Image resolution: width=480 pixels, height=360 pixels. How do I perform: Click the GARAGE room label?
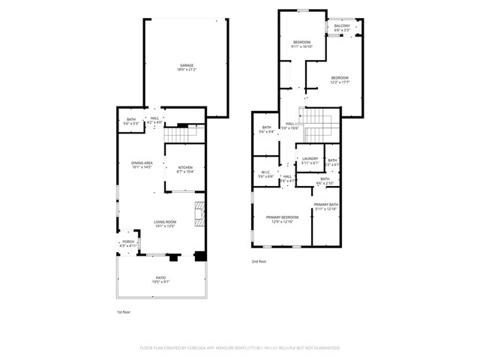pos(186,65)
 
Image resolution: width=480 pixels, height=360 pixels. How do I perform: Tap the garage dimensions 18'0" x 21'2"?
pos(186,70)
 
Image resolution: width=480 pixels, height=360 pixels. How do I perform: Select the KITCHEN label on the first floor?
pos(184,167)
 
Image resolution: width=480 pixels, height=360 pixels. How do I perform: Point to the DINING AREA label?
pos(142,163)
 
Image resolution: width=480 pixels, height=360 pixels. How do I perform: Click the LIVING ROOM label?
pos(165,221)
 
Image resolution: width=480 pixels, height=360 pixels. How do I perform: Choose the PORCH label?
pos(128,241)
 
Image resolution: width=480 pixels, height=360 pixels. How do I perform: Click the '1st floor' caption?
pos(124,311)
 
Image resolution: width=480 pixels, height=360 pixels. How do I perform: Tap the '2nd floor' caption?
pos(259,261)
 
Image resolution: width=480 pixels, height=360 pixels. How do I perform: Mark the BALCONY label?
pos(342,25)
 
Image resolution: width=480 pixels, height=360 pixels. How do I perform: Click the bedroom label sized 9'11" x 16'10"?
pos(301,42)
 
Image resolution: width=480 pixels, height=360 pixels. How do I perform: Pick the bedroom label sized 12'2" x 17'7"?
pos(340,77)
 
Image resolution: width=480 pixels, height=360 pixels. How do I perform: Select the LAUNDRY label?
pos(310,158)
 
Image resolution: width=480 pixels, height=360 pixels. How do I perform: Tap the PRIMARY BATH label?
pos(326,205)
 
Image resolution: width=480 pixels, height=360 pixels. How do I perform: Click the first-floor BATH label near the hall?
pos(130,118)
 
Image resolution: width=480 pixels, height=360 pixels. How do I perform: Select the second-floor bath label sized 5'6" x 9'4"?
pos(266,127)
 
